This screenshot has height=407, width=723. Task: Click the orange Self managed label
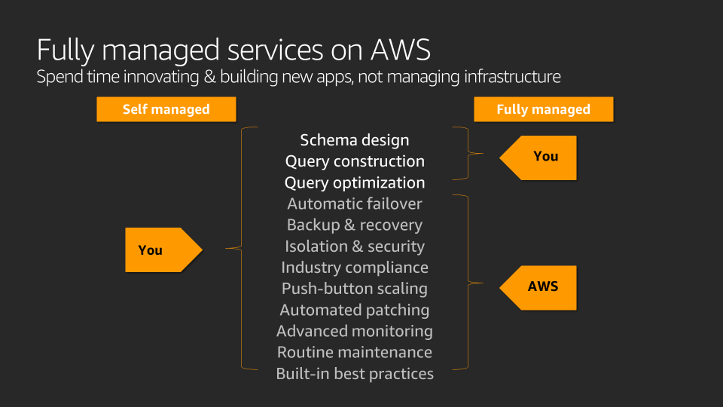(x=166, y=109)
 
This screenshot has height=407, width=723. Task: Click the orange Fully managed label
(x=543, y=109)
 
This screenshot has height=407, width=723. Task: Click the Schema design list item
(x=355, y=140)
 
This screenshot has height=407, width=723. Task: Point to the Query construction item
(x=355, y=161)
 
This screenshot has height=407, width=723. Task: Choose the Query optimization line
(x=355, y=182)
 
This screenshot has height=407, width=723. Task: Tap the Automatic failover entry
(x=355, y=203)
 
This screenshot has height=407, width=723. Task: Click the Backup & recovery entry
(x=355, y=225)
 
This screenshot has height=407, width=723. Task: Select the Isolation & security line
(x=355, y=246)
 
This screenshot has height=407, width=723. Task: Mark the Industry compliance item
(x=355, y=267)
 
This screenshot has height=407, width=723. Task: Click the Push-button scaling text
(x=355, y=288)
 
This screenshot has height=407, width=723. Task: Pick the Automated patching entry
(x=355, y=310)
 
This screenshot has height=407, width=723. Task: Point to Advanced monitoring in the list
(x=355, y=331)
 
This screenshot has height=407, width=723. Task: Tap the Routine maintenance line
(x=355, y=352)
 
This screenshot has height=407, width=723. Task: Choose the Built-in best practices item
(x=355, y=373)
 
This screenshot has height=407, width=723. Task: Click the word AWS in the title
(x=400, y=50)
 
